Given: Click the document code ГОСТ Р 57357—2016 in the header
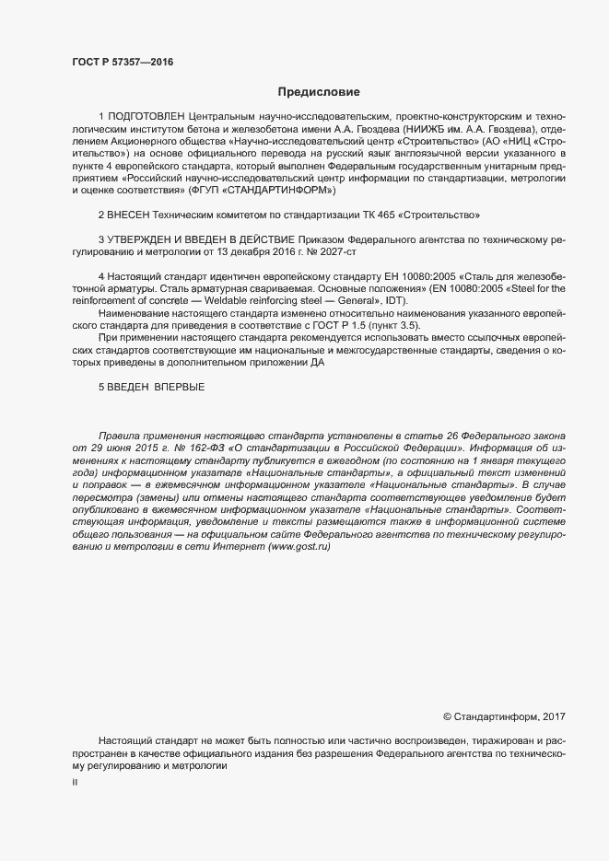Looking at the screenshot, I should click(x=122, y=63).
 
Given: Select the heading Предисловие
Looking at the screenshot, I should click(x=319, y=92).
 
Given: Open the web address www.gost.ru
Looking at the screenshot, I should click(x=297, y=546).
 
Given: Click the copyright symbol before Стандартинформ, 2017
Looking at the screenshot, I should click(x=448, y=716).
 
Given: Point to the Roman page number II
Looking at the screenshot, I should click(x=75, y=781).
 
